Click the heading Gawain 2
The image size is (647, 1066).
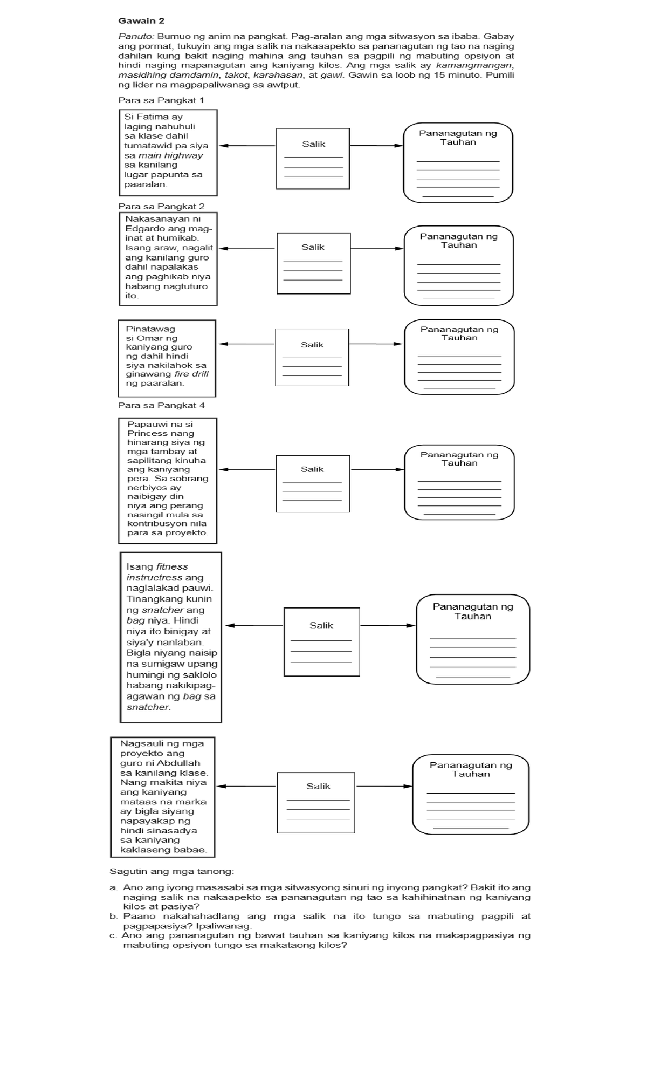pos(141,21)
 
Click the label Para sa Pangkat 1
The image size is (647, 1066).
pos(161,100)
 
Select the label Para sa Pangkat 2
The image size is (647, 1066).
pos(161,206)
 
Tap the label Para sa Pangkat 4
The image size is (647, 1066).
pos(161,405)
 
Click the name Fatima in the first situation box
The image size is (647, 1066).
pos(153,117)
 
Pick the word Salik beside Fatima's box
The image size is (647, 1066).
pos(313,144)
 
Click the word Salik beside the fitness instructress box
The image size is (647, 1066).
pos(321,625)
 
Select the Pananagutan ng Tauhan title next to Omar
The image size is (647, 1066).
pos(459,333)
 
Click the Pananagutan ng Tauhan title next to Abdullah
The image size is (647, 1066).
pos(471,769)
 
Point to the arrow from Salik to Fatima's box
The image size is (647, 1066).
pos(247,146)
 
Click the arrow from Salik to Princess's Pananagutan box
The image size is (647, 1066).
pos(377,469)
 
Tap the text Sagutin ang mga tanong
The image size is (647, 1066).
pos(171,871)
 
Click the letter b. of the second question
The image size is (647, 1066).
pos(113,916)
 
